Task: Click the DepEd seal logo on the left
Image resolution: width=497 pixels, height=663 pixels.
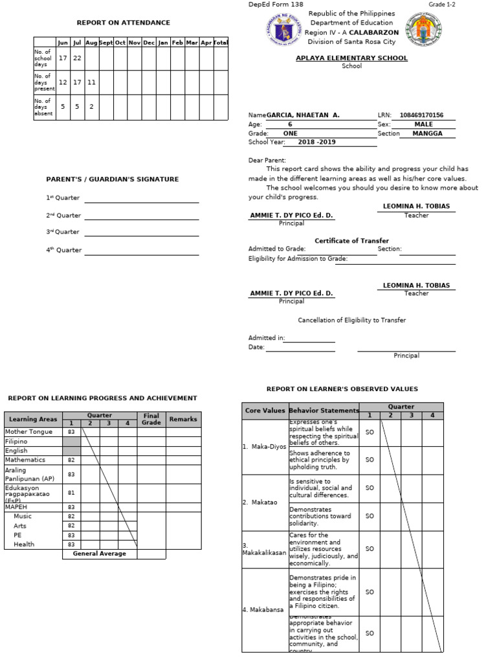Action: [283, 30]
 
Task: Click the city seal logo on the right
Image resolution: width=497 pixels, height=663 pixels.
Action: [423, 30]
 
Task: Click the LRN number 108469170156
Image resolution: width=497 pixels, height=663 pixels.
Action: [421, 115]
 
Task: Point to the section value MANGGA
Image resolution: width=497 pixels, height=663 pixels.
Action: [427, 133]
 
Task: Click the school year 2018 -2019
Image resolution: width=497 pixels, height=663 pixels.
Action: [317, 142]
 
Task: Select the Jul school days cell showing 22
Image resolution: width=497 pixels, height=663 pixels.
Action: [77, 58]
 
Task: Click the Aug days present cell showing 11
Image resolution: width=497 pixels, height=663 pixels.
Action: [91, 82]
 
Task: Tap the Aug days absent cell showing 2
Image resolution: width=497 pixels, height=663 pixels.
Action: [91, 107]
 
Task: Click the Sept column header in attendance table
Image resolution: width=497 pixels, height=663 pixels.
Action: [105, 43]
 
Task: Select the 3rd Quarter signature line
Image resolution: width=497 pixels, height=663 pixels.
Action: [141, 232]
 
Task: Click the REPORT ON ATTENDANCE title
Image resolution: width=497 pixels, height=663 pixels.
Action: [124, 23]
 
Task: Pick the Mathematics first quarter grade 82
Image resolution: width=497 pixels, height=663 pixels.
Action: [71, 460]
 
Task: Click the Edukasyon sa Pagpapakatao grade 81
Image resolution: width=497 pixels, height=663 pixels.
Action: [71, 493]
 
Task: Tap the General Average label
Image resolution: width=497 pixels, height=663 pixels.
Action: [99, 554]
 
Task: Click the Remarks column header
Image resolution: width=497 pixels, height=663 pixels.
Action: [183, 420]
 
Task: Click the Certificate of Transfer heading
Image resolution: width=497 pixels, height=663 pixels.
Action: [351, 241]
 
